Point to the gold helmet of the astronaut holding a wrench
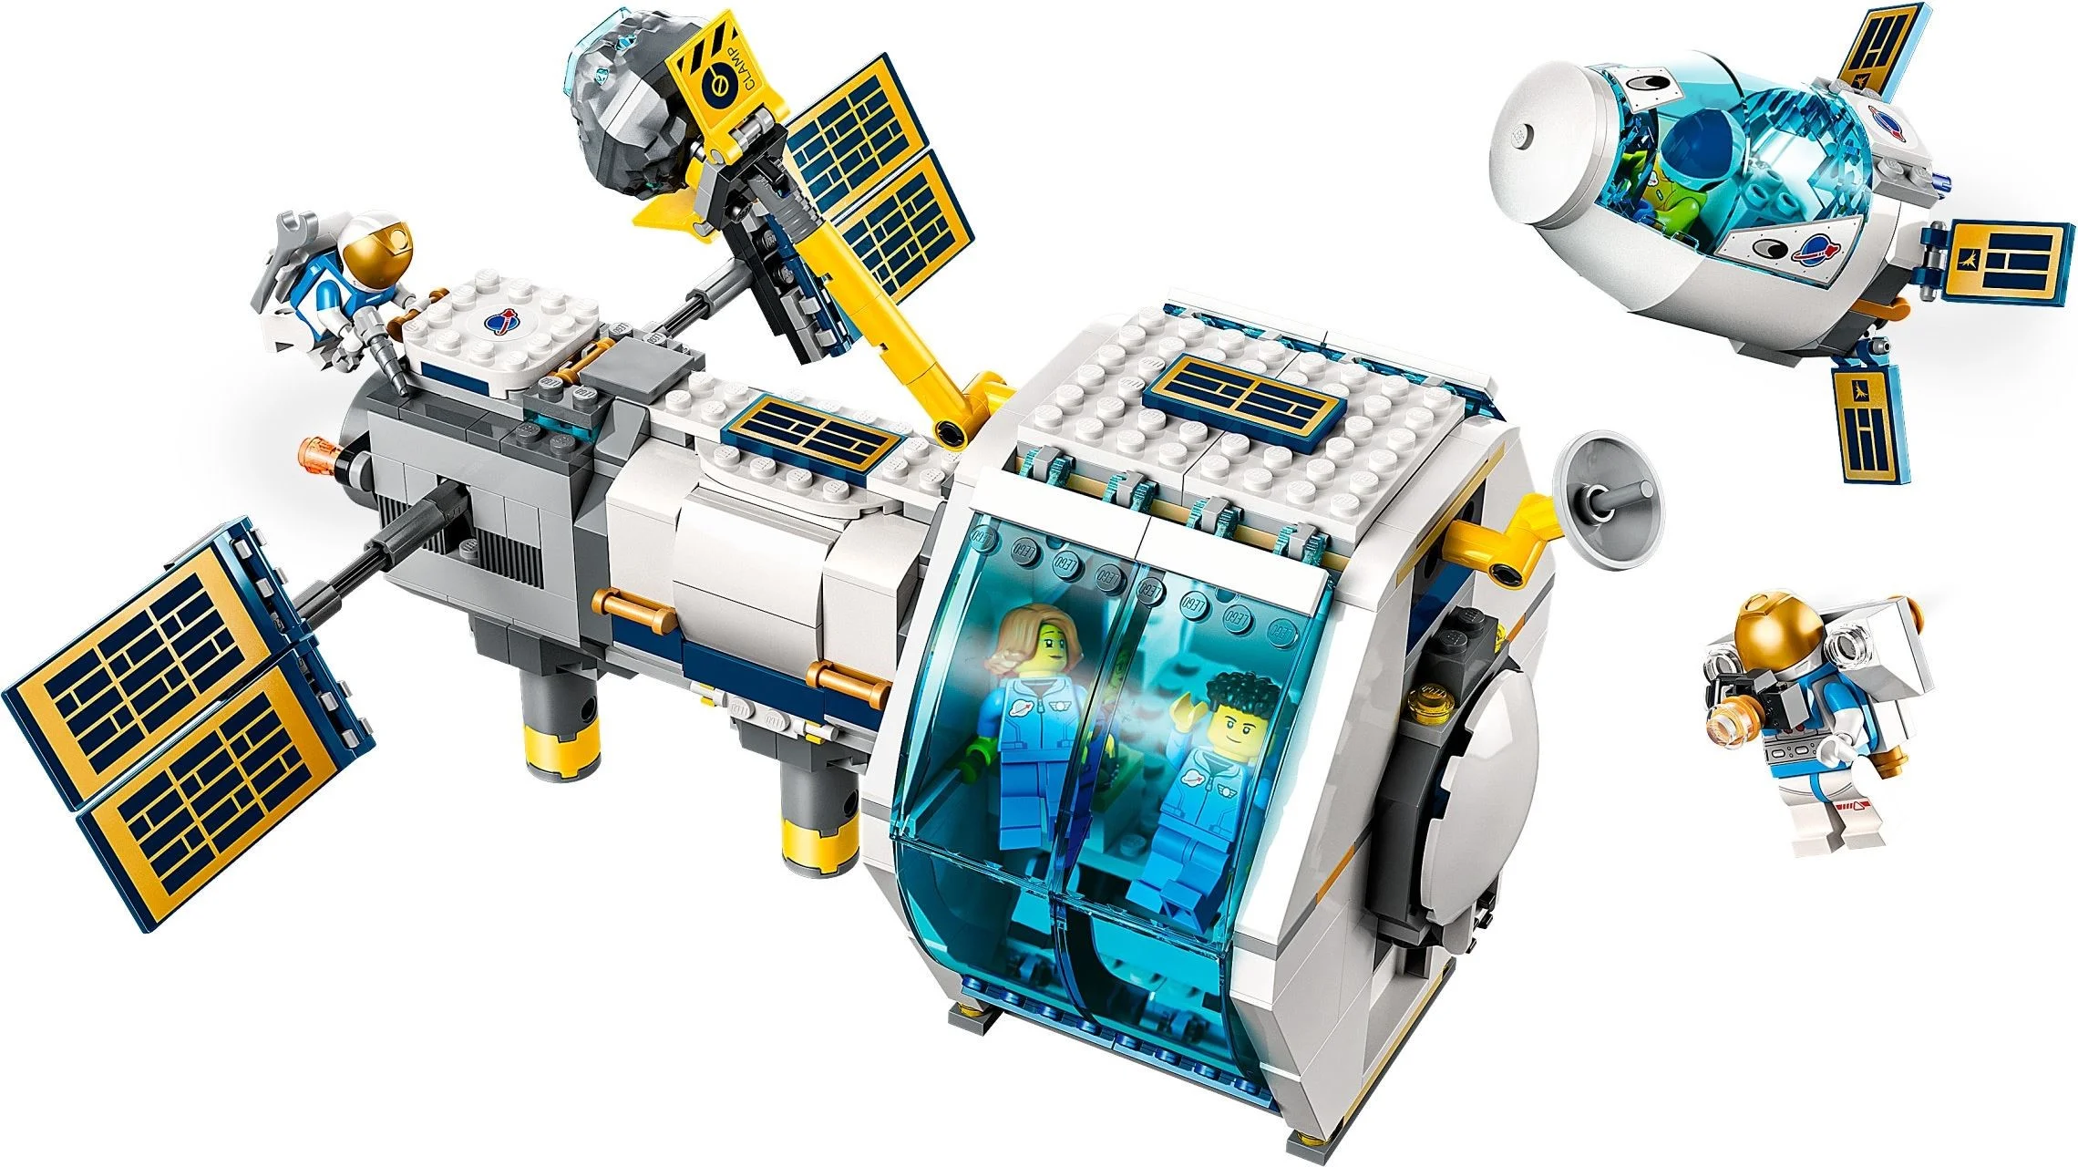click(381, 241)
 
